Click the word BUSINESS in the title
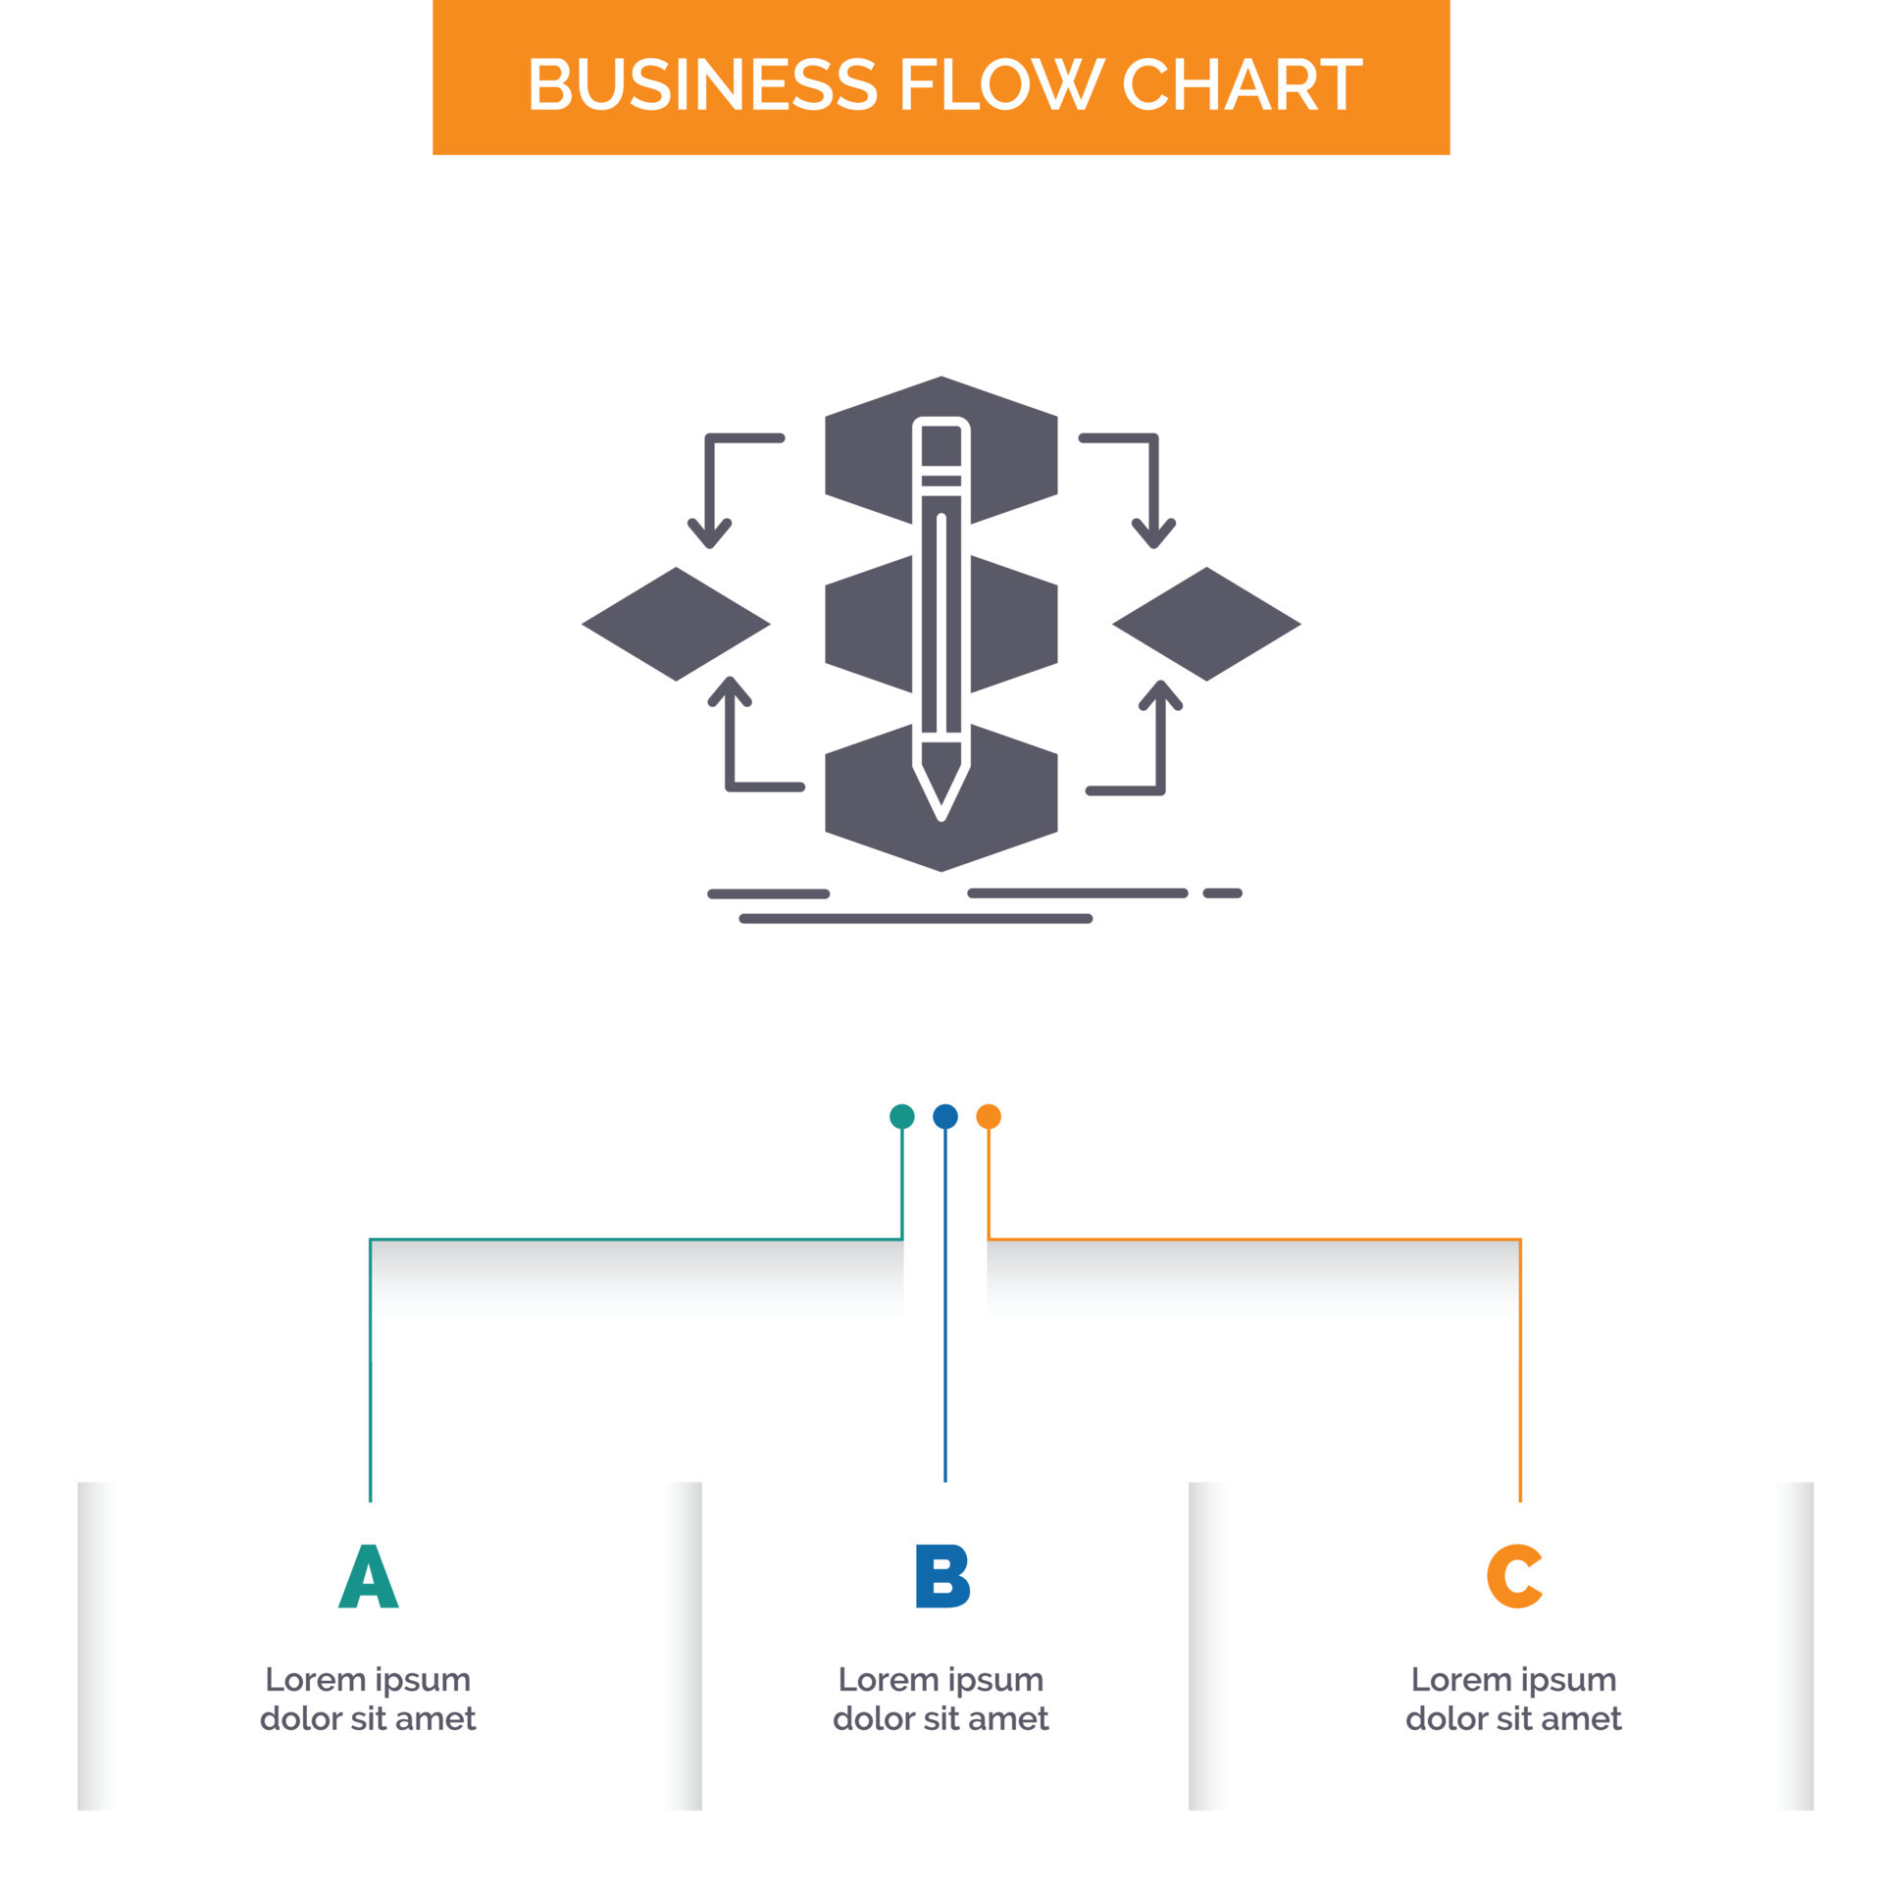pyautogui.click(x=702, y=84)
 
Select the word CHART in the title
pyautogui.click(x=1241, y=84)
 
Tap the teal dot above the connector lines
pyautogui.click(x=901, y=1116)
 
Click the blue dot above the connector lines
pyautogui.click(x=944, y=1116)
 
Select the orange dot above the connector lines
pyautogui.click(x=988, y=1116)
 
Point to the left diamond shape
pyautogui.click(x=676, y=624)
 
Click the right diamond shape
pyautogui.click(x=1206, y=624)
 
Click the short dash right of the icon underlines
pyautogui.click(x=1222, y=893)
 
